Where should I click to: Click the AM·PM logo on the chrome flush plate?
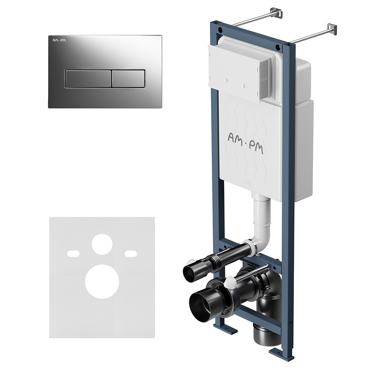click(59, 40)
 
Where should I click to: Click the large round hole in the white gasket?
click(102, 281)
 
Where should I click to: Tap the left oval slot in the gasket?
click(73, 253)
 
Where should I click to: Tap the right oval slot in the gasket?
click(131, 253)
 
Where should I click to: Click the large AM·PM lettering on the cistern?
click(245, 143)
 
